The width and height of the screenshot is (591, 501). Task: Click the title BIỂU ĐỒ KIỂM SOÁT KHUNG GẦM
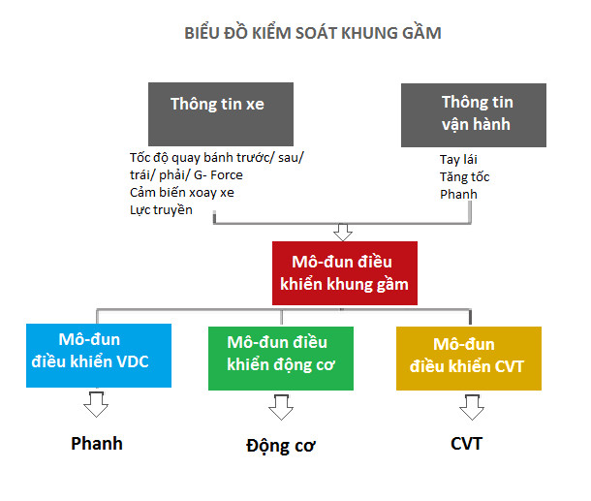313,34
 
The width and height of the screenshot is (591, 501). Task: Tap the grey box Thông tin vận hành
474,113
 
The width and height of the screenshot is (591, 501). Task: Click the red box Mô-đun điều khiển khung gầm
345,271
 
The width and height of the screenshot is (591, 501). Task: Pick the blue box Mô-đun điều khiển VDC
99,355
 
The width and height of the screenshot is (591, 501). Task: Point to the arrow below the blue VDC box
96,404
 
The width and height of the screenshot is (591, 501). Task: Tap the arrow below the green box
279,407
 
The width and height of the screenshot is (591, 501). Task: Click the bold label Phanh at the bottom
97,444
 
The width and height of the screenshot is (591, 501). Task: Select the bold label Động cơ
280,446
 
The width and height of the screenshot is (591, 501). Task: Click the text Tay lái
459,160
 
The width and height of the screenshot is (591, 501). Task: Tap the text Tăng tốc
464,177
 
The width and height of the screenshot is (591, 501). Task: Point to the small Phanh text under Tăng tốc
458,195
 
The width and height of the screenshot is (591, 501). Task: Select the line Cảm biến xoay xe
182,192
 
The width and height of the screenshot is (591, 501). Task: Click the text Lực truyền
161,209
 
